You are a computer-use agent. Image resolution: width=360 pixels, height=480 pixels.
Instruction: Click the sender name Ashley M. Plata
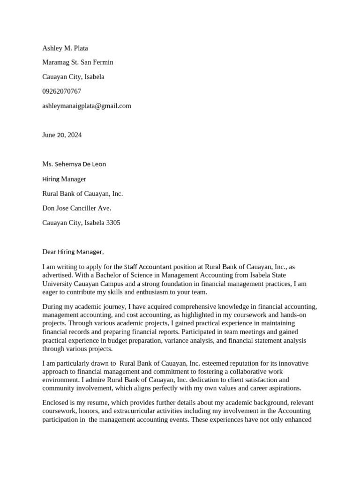pyautogui.click(x=65, y=48)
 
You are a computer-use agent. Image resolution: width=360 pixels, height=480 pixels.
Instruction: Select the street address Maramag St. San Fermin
pyautogui.click(x=78, y=62)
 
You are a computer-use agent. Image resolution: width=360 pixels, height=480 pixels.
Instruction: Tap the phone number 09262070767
pyautogui.click(x=61, y=91)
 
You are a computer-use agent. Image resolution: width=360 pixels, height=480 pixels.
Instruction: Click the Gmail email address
pyautogui.click(x=87, y=106)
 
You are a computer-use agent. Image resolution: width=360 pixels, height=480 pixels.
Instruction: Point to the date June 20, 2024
pyautogui.click(x=62, y=135)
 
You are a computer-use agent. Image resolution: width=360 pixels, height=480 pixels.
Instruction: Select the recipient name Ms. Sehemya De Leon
pyautogui.click(x=74, y=164)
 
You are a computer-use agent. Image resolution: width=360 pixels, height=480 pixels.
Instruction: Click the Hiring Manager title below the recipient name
pyautogui.click(x=64, y=179)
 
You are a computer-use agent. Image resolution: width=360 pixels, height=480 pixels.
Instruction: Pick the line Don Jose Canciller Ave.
pyautogui.click(x=77, y=208)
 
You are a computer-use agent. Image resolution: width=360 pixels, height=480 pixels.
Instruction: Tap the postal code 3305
pyautogui.click(x=113, y=223)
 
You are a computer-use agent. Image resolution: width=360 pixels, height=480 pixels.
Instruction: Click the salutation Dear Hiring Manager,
pyautogui.click(x=73, y=252)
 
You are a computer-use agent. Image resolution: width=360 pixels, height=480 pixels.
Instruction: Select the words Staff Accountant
pyautogui.click(x=148, y=267)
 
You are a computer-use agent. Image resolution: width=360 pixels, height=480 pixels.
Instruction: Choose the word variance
pyautogui.click(x=178, y=340)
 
